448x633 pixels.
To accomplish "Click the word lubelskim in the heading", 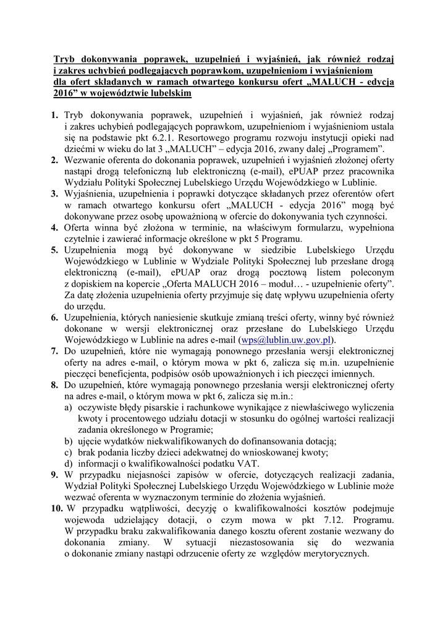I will (x=167, y=93).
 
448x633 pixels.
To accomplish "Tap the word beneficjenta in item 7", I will (x=129, y=374).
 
